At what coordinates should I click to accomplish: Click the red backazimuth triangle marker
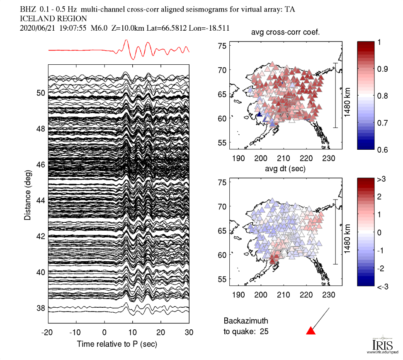311,331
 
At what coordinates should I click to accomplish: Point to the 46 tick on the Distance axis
40,165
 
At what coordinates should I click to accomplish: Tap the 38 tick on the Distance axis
40,308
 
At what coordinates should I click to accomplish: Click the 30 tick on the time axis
189,333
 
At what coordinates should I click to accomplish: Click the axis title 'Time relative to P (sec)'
117,344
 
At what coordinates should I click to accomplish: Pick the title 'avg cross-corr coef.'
286,33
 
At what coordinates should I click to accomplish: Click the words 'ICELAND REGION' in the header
53,19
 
